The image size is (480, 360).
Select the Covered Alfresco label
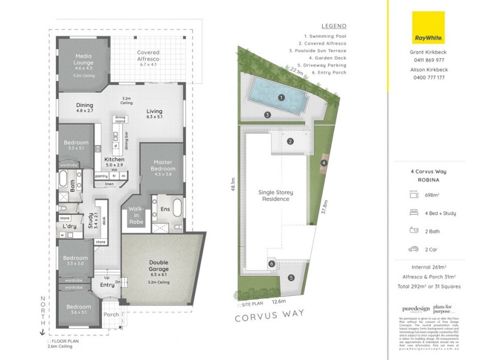click(x=148, y=56)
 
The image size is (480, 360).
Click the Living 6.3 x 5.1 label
click(x=159, y=114)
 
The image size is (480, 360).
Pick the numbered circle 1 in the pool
click(x=281, y=97)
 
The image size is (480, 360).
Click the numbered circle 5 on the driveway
click(x=291, y=277)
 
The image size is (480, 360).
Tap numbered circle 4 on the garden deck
click(x=323, y=163)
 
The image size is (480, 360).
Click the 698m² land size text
click(x=433, y=195)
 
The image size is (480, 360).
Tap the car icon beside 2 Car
click(x=413, y=249)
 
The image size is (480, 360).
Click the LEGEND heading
click(x=334, y=27)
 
